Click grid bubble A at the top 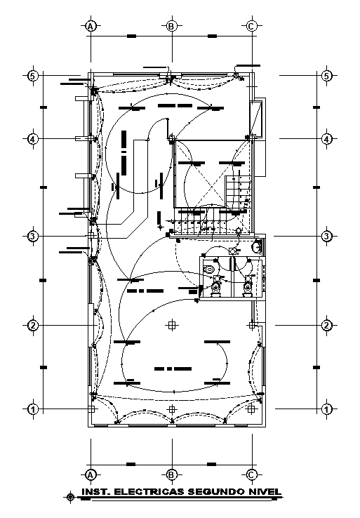(91, 26)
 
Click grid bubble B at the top (171, 26)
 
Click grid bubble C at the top (252, 26)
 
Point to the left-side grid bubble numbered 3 (32, 237)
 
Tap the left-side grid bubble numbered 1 (32, 409)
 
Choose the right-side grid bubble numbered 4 (326, 139)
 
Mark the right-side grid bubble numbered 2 (326, 325)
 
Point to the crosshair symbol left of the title (69, 497)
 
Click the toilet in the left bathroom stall (216, 286)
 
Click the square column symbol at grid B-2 (172, 325)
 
